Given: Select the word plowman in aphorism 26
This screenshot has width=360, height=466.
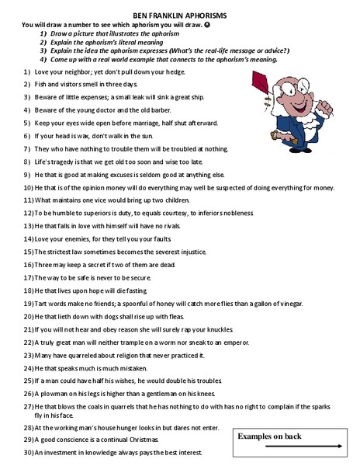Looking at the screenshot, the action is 54,395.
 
